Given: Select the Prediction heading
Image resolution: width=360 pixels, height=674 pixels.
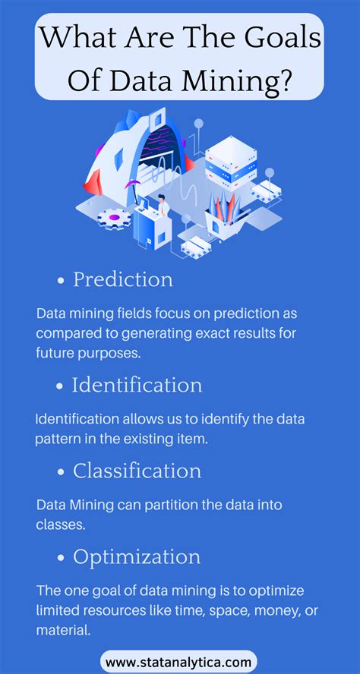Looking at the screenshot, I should tap(123, 279).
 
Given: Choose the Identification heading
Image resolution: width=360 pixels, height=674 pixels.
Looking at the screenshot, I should tap(137, 385).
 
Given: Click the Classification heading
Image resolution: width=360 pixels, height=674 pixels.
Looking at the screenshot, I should tap(137, 471).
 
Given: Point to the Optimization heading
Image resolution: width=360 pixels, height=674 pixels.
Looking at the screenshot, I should tap(137, 557).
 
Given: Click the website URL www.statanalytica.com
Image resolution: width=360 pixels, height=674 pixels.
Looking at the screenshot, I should tap(178, 663).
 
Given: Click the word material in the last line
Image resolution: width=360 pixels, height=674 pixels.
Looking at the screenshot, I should tap(61, 628).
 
